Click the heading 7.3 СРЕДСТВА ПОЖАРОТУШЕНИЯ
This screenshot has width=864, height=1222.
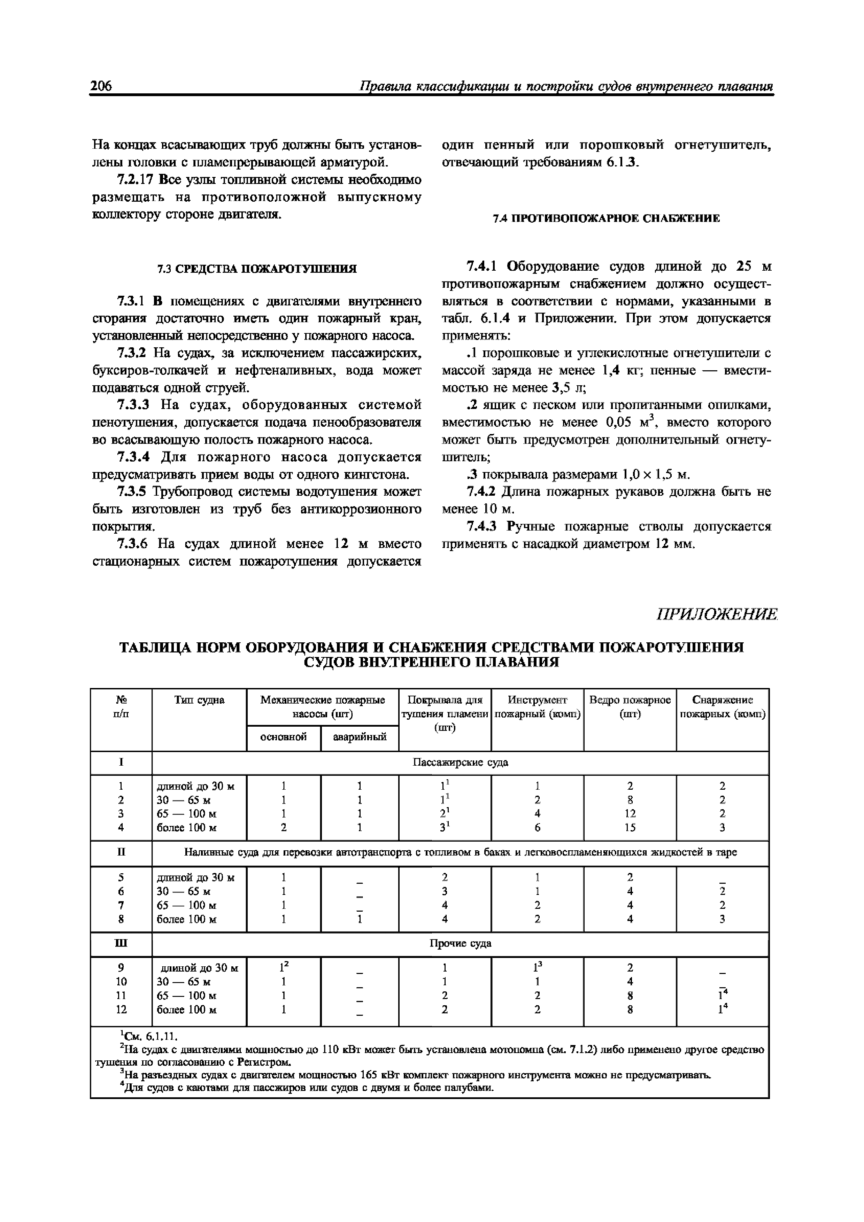pyautogui.click(x=257, y=269)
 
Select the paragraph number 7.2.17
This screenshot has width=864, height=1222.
pyautogui.click(x=135, y=180)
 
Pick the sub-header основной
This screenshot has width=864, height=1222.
pyautogui.click(x=283, y=737)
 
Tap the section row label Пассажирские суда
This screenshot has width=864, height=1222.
pyautogui.click(x=461, y=763)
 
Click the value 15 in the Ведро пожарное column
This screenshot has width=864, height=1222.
pyautogui.click(x=630, y=828)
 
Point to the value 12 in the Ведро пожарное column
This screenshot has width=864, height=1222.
pyautogui.click(x=630, y=814)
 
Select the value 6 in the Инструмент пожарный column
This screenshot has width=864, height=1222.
pyautogui.click(x=537, y=828)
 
